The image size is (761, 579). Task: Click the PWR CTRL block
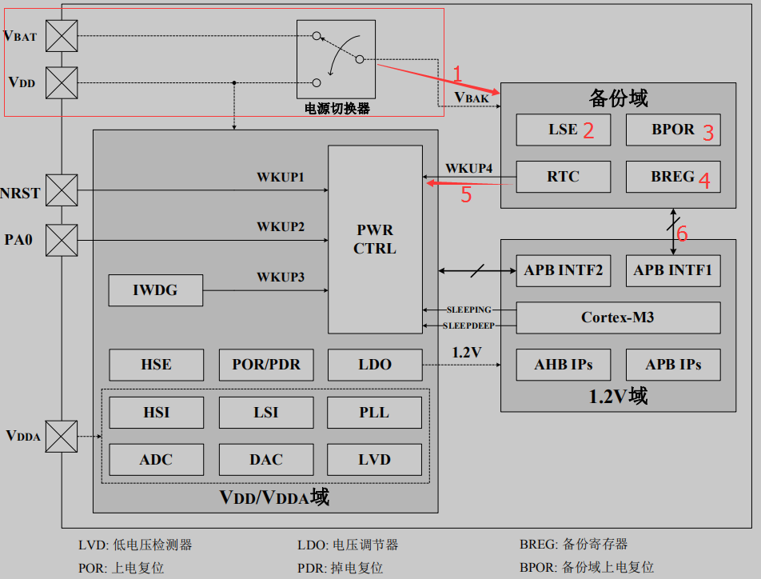375,239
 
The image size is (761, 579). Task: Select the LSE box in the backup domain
563,130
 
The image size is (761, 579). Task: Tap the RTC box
563,177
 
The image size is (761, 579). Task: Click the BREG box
672,177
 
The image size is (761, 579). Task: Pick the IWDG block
155,290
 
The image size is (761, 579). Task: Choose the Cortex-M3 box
617,317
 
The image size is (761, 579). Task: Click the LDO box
374,365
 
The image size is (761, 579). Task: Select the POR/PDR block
265,365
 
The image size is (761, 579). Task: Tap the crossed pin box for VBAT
62,35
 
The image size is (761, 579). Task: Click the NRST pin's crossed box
62,191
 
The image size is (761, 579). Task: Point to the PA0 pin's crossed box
62,239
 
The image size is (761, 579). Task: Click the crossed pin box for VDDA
62,437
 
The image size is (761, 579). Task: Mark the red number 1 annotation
457,74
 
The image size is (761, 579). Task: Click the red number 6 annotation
682,233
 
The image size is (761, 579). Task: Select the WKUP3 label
281,278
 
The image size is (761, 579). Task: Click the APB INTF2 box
563,270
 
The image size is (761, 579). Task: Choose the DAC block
265,460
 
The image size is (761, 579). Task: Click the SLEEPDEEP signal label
468,325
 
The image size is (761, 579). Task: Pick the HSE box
155,365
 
